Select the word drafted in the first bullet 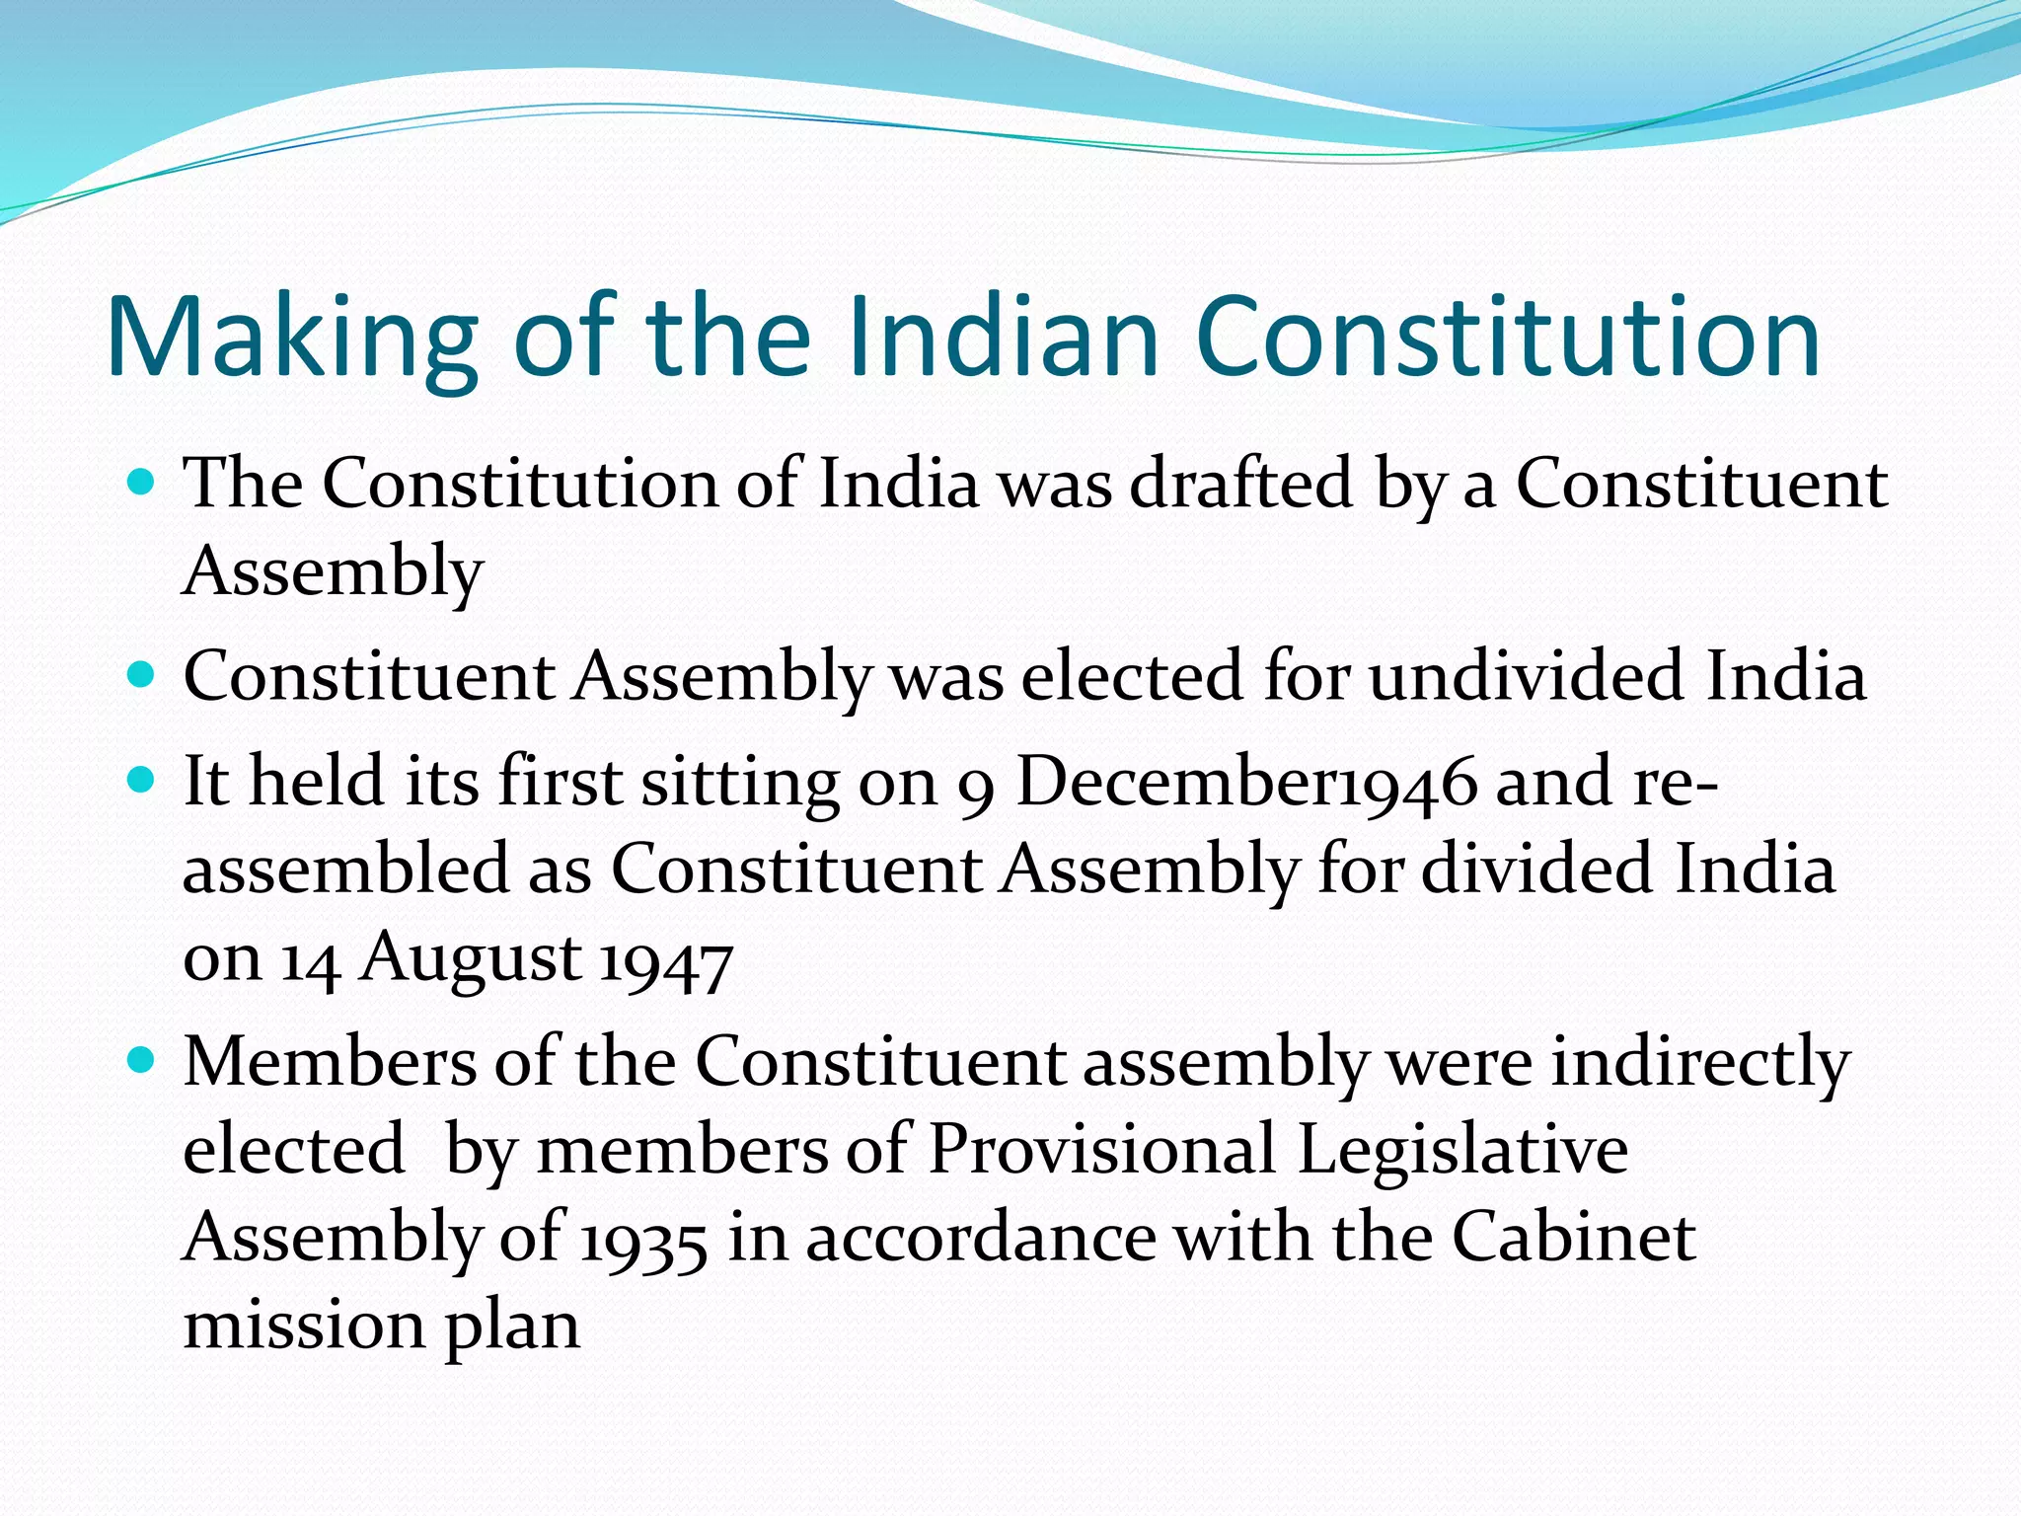(x=1240, y=484)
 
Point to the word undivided (x=1526, y=676)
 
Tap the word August (x=470, y=957)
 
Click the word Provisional (x=1102, y=1150)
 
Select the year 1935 (x=643, y=1241)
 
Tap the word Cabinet (x=1573, y=1237)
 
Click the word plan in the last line (x=512, y=1326)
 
